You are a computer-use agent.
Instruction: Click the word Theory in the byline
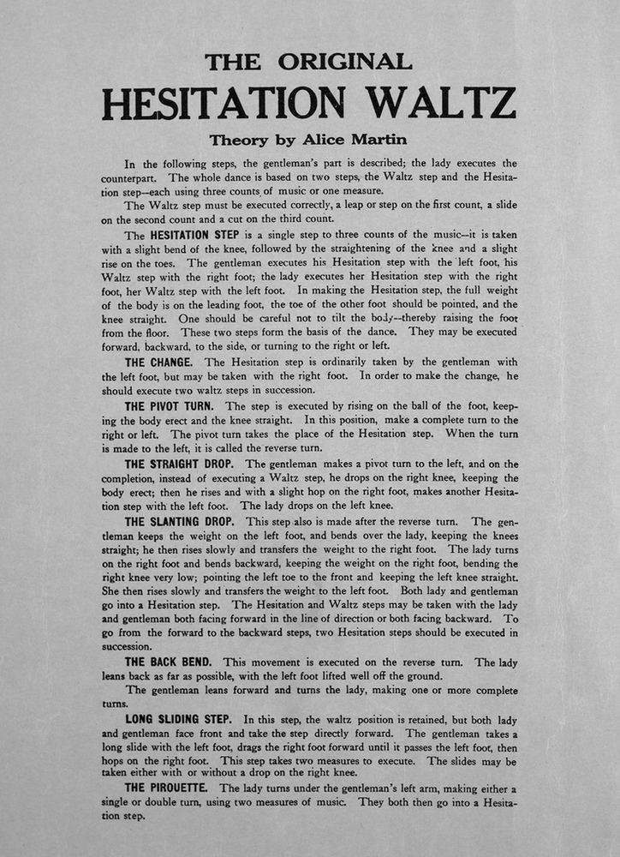pyautogui.click(x=239, y=139)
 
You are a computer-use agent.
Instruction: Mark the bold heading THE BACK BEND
pyautogui.click(x=170, y=662)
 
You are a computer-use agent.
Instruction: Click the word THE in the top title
pyautogui.click(x=233, y=62)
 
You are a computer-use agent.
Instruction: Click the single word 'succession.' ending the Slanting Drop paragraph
pyautogui.click(x=127, y=647)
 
